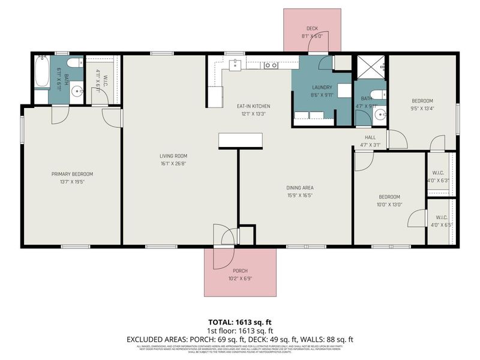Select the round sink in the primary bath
[77, 92]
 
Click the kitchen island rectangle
[241, 140]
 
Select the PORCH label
[240, 271]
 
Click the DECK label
[312, 28]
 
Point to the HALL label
[370, 137]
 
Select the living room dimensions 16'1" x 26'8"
[166, 164]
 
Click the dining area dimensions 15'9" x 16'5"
[299, 196]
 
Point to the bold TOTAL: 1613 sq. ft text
[240, 322]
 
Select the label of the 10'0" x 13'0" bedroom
[389, 197]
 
